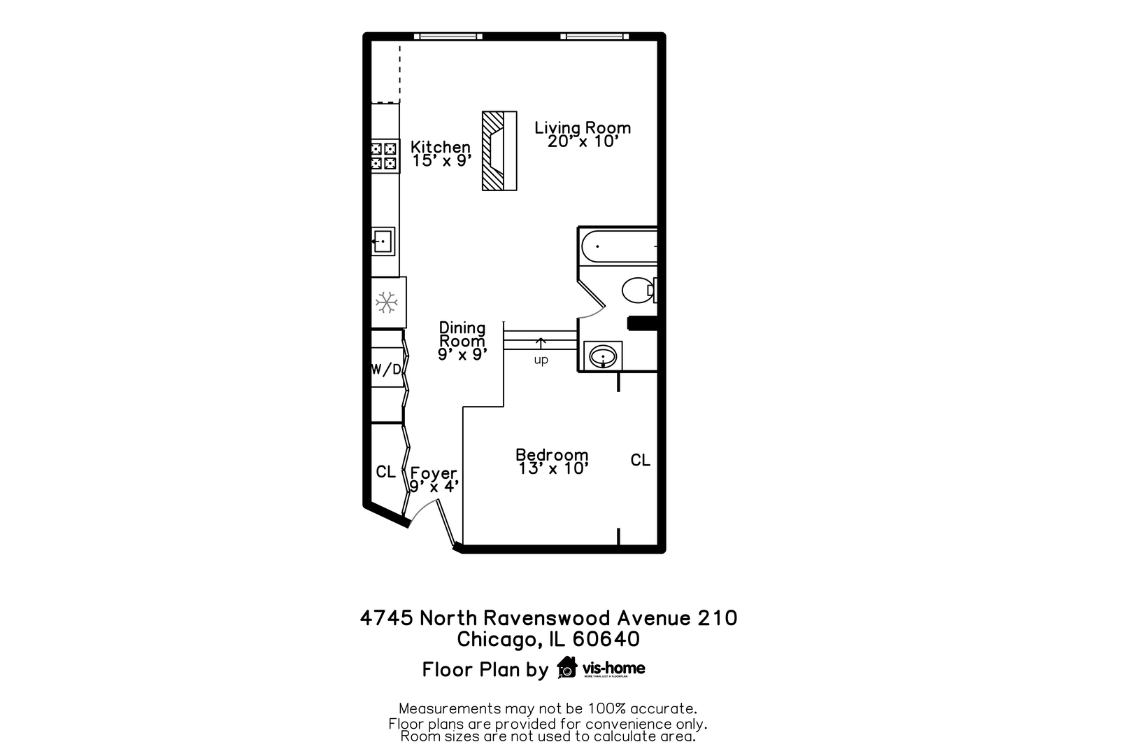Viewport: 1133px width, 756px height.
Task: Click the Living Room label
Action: (583, 128)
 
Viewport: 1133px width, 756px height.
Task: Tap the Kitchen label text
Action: (441, 147)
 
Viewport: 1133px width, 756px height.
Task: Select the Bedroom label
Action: (552, 455)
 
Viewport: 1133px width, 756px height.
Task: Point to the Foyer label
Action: (434, 473)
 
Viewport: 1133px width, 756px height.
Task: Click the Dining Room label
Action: (462, 334)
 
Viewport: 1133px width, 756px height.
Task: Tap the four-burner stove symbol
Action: (384, 156)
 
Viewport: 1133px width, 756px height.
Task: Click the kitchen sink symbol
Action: (383, 241)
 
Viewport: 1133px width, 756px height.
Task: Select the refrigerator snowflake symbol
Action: (386, 302)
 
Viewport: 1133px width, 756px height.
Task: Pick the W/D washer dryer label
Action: (386, 370)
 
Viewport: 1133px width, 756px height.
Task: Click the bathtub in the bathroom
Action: (618, 246)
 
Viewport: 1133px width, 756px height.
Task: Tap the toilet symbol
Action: (637, 290)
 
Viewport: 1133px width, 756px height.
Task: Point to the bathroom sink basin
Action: (603, 357)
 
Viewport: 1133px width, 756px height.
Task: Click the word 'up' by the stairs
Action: (541, 360)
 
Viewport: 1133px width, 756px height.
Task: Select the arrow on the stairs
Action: (541, 343)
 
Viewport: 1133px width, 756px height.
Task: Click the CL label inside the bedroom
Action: (640, 460)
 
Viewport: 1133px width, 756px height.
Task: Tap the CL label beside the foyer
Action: (385, 472)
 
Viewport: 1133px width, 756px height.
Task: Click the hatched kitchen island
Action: (499, 150)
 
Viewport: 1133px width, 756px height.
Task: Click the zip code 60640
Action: (606, 639)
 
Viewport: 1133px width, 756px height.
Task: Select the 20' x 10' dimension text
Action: (583, 141)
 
